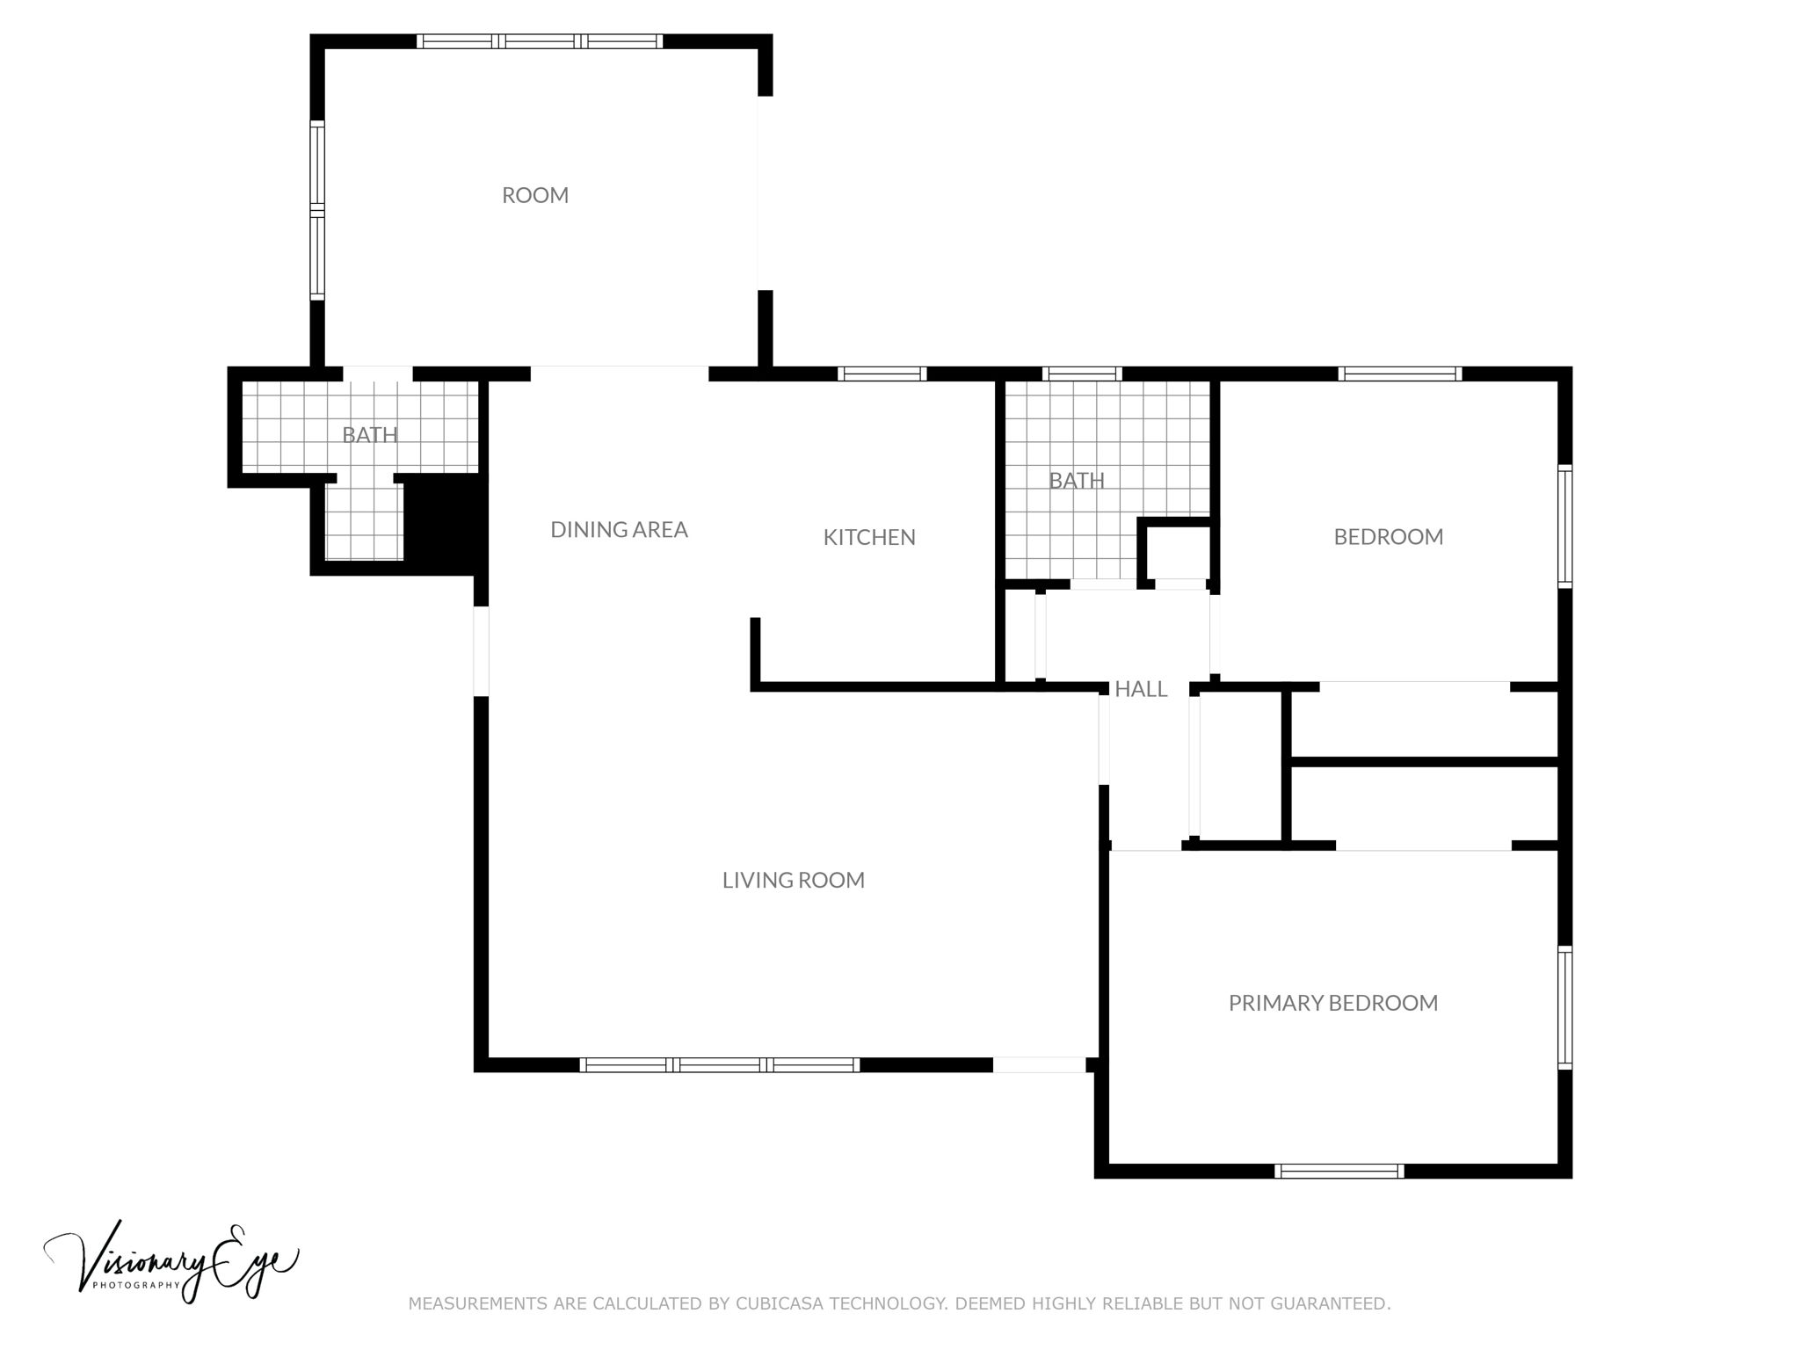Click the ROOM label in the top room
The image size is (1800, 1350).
click(534, 195)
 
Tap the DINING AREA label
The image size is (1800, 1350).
click(619, 529)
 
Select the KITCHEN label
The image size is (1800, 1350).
click(868, 537)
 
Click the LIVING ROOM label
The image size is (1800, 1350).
click(793, 880)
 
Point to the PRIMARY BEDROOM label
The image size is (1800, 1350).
click(1332, 1003)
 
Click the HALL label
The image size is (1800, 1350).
click(1140, 689)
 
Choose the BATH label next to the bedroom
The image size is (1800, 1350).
click(1076, 481)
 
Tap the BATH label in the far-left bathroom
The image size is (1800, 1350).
click(369, 434)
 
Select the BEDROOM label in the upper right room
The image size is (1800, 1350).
click(1388, 537)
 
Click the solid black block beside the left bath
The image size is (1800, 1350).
click(446, 523)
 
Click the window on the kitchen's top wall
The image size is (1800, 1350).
click(882, 374)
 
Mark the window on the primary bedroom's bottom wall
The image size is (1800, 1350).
click(1339, 1171)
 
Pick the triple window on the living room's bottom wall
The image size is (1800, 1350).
click(719, 1065)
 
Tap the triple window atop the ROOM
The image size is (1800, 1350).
click(539, 41)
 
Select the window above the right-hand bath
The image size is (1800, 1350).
click(1081, 374)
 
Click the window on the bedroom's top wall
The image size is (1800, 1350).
click(1399, 374)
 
